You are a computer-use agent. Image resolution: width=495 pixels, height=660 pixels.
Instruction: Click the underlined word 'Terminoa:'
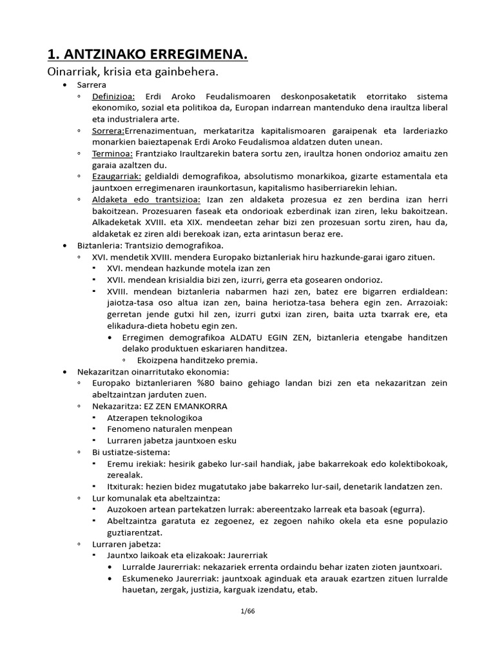(111, 153)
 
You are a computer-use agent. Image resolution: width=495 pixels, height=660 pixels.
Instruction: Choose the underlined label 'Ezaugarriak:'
(114, 176)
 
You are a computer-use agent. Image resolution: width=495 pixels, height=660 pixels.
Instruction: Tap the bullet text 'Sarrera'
(92, 85)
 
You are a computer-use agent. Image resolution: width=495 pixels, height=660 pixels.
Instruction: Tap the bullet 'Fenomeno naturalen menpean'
(170, 429)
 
